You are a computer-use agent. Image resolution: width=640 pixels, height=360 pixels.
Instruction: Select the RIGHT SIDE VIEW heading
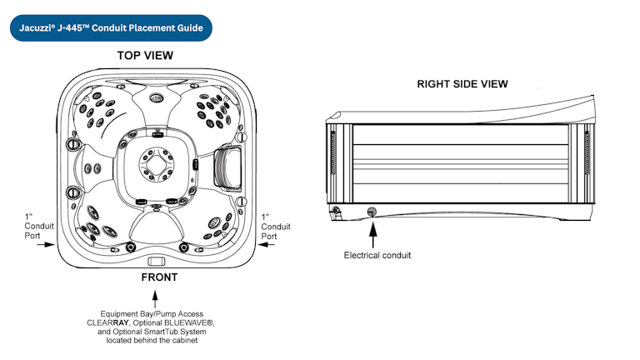pyautogui.click(x=462, y=84)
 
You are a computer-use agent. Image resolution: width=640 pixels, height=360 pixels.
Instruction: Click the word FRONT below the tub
pyautogui.click(x=158, y=277)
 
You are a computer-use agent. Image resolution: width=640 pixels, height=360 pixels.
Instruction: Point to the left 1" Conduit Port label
pyautogui.click(x=37, y=226)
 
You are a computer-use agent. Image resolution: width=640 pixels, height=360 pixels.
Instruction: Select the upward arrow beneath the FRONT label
pyautogui.click(x=158, y=296)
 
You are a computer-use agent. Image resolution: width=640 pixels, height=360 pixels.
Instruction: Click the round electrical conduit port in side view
pyautogui.click(x=371, y=211)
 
